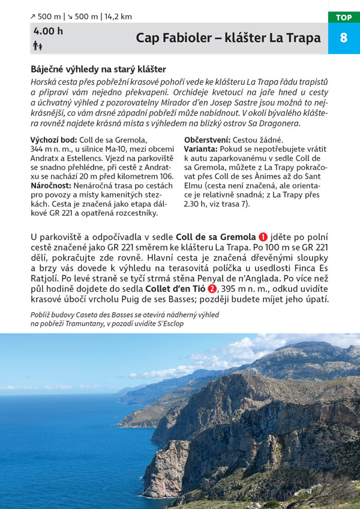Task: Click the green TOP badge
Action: click(344, 17)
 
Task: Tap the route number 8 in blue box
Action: click(344, 38)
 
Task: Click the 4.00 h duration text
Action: click(48, 31)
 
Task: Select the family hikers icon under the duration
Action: click(37, 46)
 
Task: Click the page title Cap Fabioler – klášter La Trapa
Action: click(228, 38)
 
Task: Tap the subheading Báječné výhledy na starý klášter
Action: click(98, 69)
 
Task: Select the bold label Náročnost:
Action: click(51, 185)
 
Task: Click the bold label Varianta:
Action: click(201, 149)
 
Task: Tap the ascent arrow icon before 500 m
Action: click(33, 17)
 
